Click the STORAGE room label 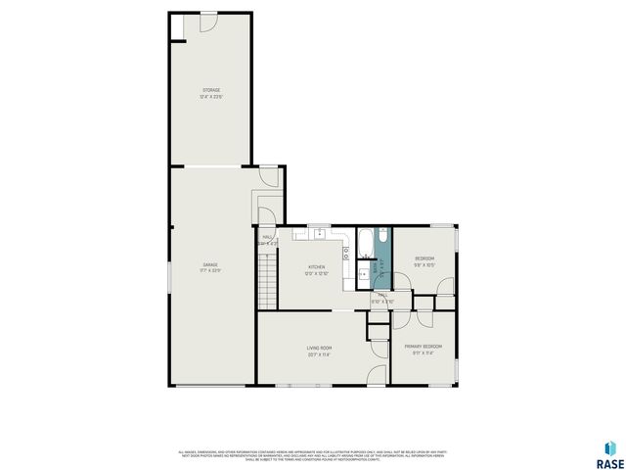[x=210, y=90]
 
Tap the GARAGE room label [x=210, y=264]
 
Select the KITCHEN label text [x=317, y=266]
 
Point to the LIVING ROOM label [x=320, y=348]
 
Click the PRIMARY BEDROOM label [x=424, y=347]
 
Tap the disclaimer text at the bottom [x=313, y=454]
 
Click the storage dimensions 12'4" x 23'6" [x=210, y=97]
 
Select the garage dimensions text [x=210, y=271]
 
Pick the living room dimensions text [x=320, y=354]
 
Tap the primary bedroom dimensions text [x=424, y=353]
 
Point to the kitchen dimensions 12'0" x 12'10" [x=317, y=273]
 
